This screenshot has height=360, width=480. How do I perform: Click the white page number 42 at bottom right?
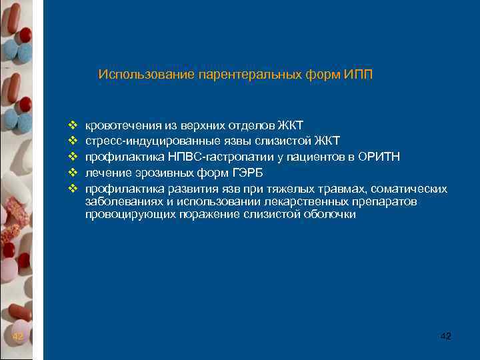[x=446, y=336]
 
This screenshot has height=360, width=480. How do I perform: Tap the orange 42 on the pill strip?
[x=18, y=337]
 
